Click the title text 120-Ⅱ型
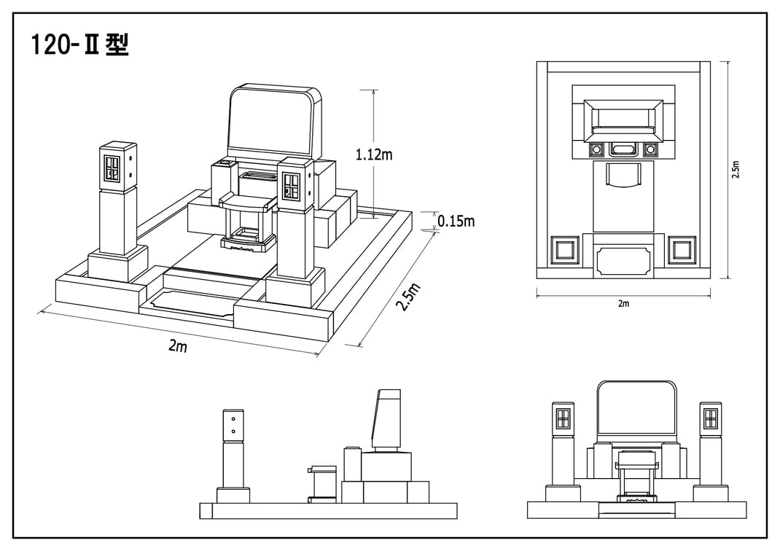pos(80,44)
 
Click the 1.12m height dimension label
pos(373,155)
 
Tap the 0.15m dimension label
pos(456,221)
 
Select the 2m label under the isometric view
pos(178,345)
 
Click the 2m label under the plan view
pos(623,303)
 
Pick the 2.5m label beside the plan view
pos(736,169)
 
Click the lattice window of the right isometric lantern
pos(289,184)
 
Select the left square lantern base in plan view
pos(565,250)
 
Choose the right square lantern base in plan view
pos(682,250)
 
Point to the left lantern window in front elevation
pos(563,418)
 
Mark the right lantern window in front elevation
pos(710,418)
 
